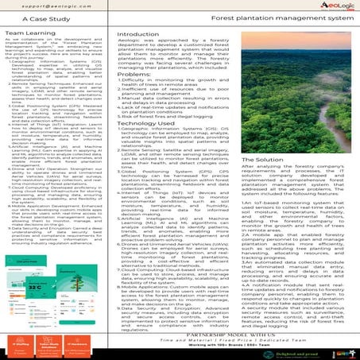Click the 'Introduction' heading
137,36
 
